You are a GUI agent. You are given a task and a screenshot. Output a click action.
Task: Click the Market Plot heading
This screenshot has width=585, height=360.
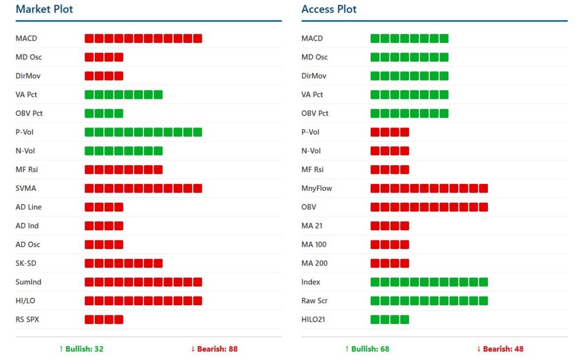[44, 9]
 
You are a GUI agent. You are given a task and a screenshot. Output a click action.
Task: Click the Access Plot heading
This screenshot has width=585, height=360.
[329, 9]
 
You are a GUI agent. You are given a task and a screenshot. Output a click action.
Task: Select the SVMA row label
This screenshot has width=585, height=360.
[26, 188]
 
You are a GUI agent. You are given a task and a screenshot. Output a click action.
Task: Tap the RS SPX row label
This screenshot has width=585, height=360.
[27, 319]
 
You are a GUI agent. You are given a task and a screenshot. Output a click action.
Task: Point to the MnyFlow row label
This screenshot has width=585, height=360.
[316, 188]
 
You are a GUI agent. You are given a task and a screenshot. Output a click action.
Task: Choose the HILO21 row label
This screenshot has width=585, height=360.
[313, 319]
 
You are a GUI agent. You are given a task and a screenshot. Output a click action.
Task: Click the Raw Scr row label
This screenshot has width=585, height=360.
[314, 301]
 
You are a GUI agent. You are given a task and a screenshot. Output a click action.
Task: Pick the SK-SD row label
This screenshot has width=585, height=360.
[26, 263]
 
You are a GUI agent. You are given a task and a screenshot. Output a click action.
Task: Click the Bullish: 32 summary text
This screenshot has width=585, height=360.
[81, 349]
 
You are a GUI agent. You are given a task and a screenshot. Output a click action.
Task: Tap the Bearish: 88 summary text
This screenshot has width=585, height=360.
[214, 349]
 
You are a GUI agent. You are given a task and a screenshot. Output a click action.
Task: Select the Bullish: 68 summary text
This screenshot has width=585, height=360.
[367, 349]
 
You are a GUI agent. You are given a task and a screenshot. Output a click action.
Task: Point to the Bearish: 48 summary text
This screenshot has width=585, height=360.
[500, 349]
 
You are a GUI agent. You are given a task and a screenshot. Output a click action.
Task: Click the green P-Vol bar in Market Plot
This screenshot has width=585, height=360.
[143, 132]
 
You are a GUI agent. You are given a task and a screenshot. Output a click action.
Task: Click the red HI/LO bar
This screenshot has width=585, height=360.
[143, 301]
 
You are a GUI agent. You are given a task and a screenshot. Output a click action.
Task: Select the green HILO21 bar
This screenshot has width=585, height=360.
[390, 319]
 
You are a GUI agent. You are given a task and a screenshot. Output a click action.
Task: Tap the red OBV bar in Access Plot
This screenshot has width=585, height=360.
[429, 207]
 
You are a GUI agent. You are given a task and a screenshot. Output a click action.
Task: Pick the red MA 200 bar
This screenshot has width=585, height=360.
[390, 263]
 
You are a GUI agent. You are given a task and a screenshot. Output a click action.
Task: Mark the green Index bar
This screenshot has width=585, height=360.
[429, 282]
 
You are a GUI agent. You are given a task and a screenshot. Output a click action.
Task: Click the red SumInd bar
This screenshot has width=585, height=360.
[143, 282]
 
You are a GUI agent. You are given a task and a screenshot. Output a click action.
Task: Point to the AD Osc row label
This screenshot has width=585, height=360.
[28, 245]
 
